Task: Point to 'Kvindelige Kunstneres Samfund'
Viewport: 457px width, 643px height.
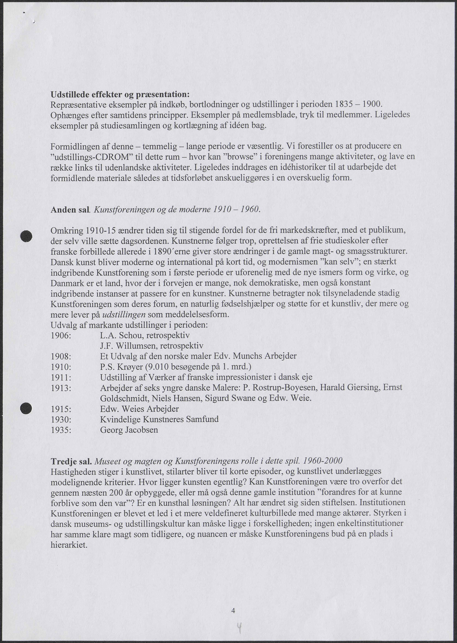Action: (159, 419)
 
